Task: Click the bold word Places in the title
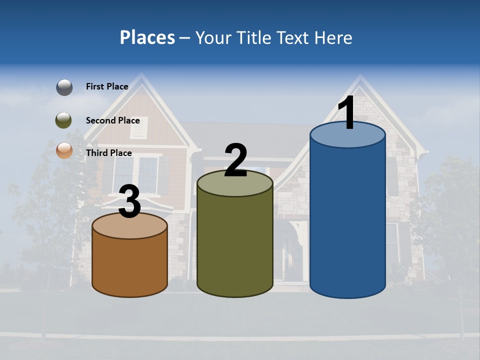(x=147, y=37)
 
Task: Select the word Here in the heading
(x=334, y=37)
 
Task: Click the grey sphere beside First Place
(x=64, y=87)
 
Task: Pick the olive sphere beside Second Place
(x=64, y=120)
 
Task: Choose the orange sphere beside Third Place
(x=64, y=150)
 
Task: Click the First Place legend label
(x=107, y=86)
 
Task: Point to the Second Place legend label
(x=112, y=120)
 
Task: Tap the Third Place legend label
(x=108, y=153)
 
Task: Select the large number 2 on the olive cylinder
(x=236, y=160)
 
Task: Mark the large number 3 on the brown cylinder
(x=130, y=202)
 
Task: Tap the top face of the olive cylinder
(x=235, y=186)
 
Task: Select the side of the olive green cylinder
(x=235, y=245)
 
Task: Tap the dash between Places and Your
(x=185, y=38)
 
